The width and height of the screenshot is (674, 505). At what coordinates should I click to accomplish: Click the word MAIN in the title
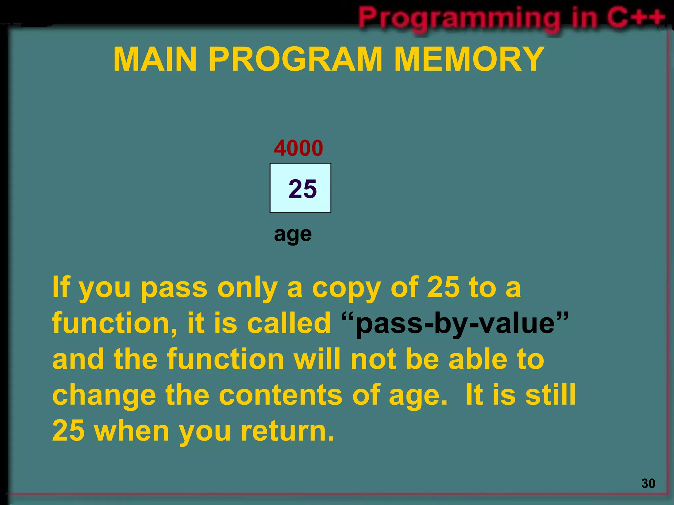155,60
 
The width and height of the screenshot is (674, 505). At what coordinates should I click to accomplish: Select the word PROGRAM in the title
296,60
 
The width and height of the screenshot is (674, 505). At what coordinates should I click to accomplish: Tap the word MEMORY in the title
469,60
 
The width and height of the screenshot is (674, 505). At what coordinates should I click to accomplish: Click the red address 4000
298,148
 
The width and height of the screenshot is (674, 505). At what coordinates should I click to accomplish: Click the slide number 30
648,484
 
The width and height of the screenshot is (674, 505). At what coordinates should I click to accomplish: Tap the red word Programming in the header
459,18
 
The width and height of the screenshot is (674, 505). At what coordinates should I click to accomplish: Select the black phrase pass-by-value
455,324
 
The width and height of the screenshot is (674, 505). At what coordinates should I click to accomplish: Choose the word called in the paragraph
289,324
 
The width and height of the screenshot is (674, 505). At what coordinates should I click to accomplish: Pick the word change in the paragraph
104,396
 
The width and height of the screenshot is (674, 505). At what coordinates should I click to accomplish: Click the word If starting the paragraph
61,288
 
